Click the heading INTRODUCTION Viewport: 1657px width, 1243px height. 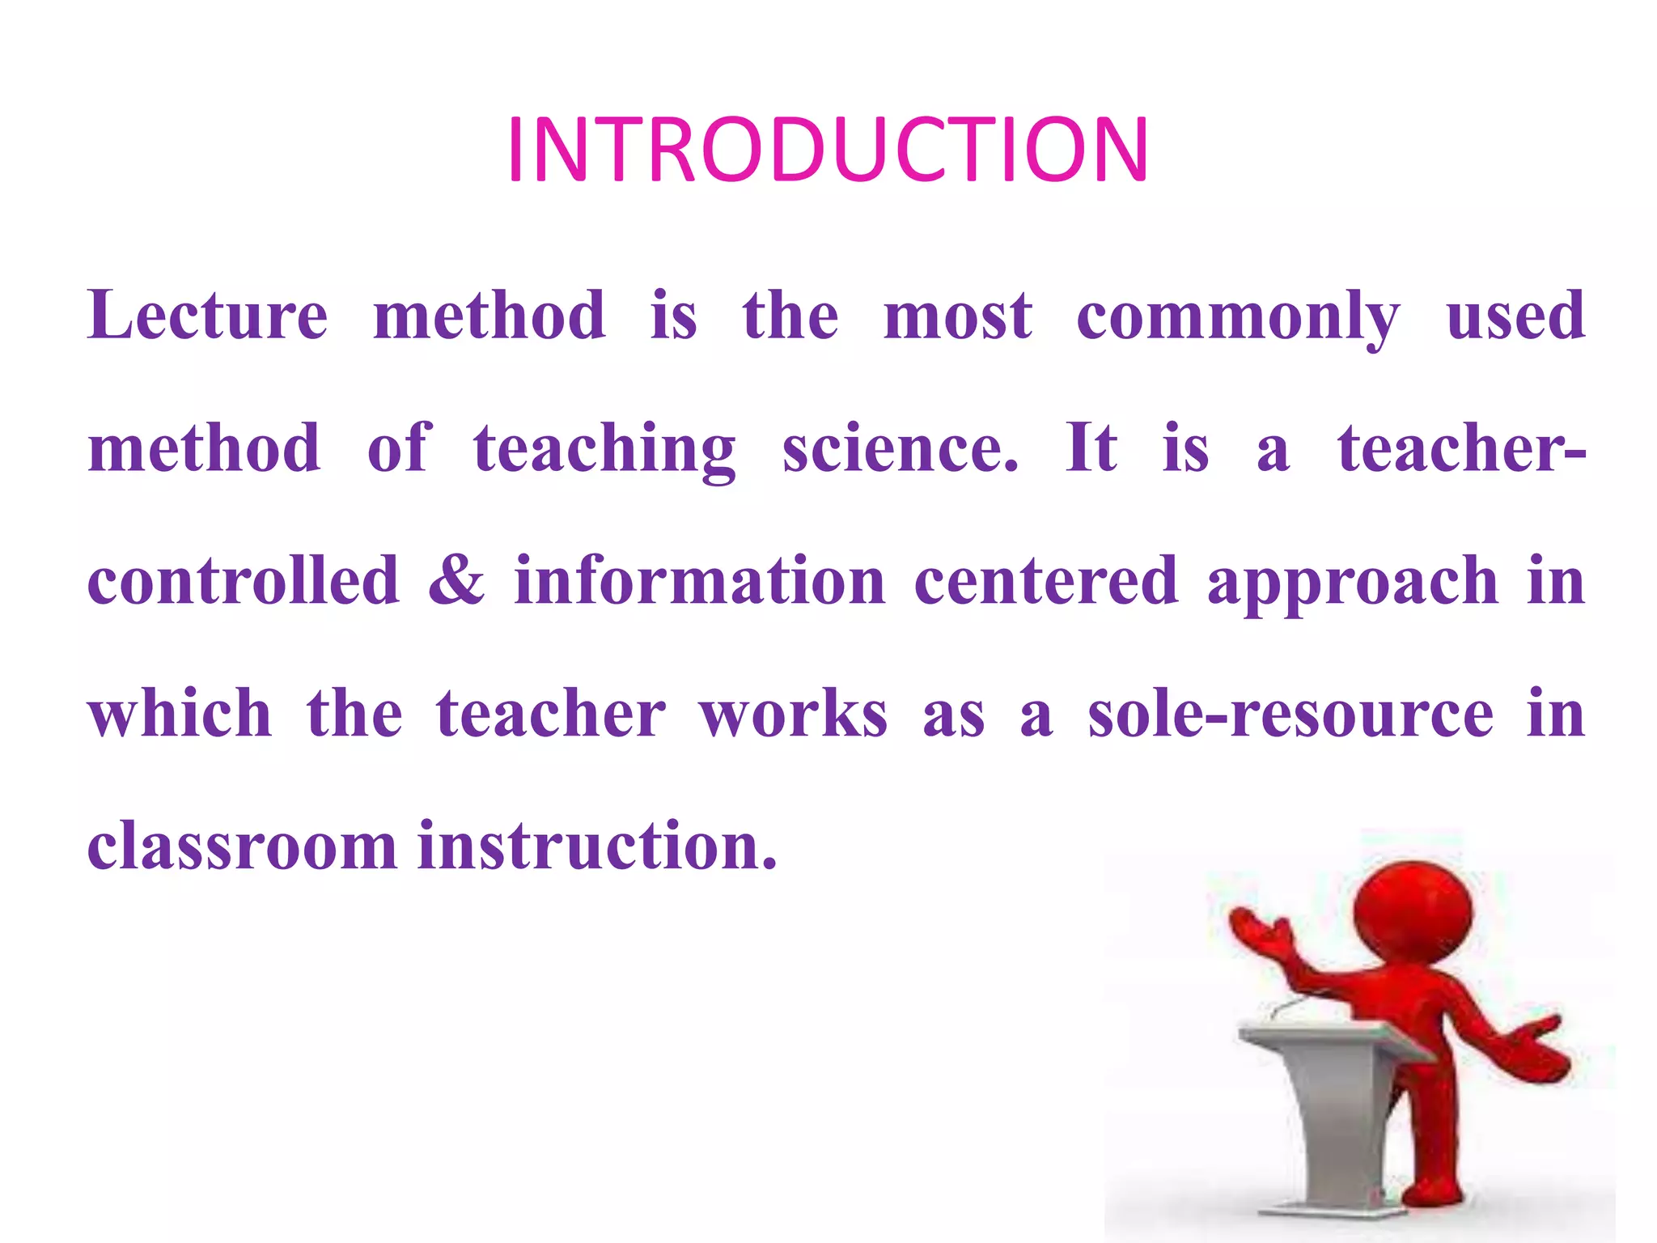click(827, 151)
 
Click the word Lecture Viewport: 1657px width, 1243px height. click(208, 315)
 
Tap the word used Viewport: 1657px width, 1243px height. click(1515, 315)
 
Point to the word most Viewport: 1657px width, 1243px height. click(958, 316)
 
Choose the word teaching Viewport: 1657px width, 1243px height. click(604, 450)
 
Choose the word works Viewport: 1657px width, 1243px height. click(794, 715)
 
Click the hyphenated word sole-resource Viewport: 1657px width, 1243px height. click(1290, 715)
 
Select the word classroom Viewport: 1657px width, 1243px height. click(242, 846)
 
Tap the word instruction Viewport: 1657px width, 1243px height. click(597, 846)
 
